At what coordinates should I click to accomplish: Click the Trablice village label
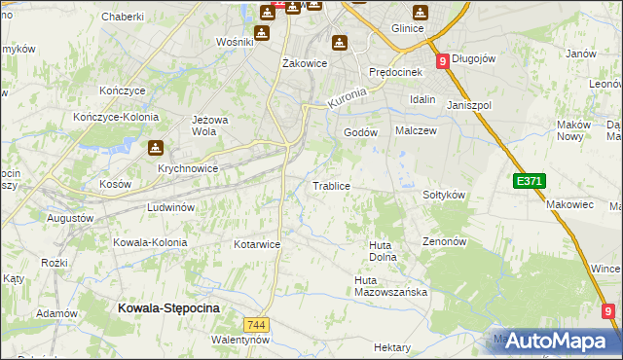pos(330,185)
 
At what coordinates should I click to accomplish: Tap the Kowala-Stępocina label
pos(168,307)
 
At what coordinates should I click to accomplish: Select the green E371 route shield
pos(530,181)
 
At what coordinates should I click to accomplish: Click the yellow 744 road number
pos(256,324)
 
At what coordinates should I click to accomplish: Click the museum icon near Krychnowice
pos(155,149)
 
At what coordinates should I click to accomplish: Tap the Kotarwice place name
pos(257,244)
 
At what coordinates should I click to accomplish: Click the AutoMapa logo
pos(554,341)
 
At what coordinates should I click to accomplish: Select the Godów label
pos(360,133)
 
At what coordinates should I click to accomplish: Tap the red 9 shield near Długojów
pos(443,60)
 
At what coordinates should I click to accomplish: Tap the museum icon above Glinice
pos(420,13)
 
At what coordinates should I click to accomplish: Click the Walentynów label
pos(239,341)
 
